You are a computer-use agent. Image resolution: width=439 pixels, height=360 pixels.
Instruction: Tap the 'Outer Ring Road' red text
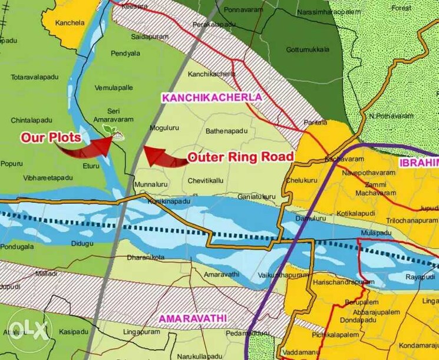pyautogui.click(x=240, y=157)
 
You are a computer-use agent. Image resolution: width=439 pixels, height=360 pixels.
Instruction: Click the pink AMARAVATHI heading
pyautogui.click(x=193, y=318)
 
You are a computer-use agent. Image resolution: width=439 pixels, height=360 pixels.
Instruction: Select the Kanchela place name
pyautogui.click(x=70, y=23)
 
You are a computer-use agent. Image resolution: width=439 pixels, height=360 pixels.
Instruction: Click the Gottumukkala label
pyautogui.click(x=305, y=49)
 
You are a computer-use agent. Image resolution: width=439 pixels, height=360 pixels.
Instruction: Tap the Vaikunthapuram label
pyautogui.click(x=280, y=276)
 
